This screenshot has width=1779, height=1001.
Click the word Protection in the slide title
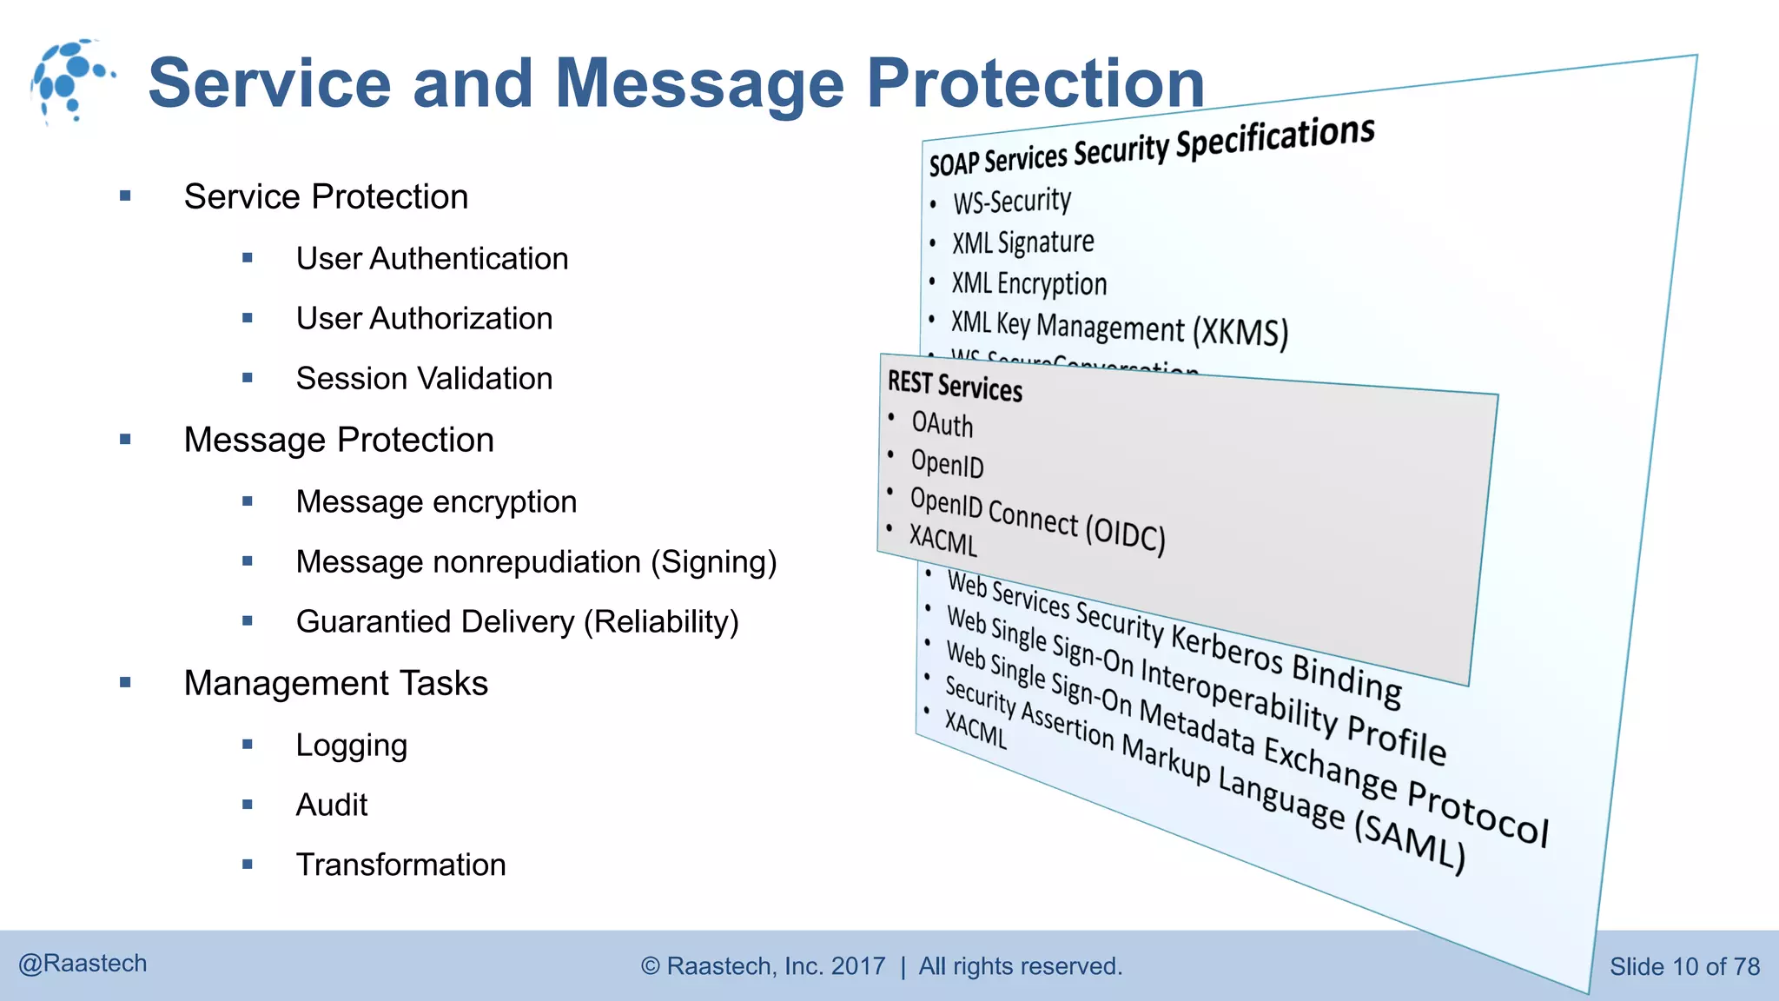pyautogui.click(x=1035, y=83)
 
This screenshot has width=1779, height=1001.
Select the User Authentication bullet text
pyautogui.click(x=432, y=259)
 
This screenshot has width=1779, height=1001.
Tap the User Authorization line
pyautogui.click(x=424, y=319)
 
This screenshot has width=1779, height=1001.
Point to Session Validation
pyautogui.click(x=424, y=379)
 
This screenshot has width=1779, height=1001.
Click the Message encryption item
pyautogui.click(x=436, y=502)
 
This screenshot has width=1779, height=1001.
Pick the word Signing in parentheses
pyautogui.click(x=714, y=562)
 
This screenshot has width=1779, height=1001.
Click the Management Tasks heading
pyautogui.click(x=335, y=684)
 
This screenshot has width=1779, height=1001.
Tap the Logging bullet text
pyautogui.click(x=351, y=746)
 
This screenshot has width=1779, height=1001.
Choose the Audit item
pyautogui.click(x=331, y=805)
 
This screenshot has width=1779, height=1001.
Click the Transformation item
pyautogui.click(x=400, y=865)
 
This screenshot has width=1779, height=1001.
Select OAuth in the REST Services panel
pyautogui.click(x=942, y=425)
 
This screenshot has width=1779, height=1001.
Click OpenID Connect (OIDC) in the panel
pyautogui.click(x=1037, y=519)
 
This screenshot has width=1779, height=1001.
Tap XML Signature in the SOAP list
pyautogui.click(x=1022, y=242)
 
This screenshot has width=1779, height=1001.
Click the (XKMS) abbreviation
pyautogui.click(x=1240, y=332)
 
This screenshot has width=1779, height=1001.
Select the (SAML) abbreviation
pyautogui.click(x=1411, y=842)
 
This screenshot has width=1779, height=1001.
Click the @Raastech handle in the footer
pyautogui.click(x=83, y=964)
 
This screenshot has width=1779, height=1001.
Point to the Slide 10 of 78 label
pyautogui.click(x=1684, y=966)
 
